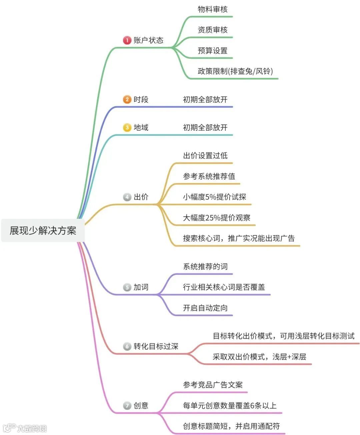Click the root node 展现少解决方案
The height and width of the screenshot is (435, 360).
point(43,231)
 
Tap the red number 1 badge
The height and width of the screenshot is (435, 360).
point(127,40)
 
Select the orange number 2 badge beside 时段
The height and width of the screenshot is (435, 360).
point(127,99)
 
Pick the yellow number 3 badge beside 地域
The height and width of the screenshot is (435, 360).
point(127,127)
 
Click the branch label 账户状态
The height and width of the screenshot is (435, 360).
point(148,40)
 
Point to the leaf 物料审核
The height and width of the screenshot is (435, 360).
point(212,9)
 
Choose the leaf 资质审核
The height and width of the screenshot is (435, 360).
point(212,30)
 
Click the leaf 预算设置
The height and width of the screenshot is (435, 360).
point(212,51)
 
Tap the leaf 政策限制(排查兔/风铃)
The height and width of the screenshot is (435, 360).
point(235,71)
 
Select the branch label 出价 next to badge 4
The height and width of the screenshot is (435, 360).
point(141,197)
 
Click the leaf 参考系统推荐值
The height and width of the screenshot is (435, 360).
point(209,176)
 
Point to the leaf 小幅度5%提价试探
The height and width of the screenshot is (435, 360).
point(214,197)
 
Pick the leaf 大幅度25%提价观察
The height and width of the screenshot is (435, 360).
point(216,218)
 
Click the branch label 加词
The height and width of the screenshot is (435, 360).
point(141,287)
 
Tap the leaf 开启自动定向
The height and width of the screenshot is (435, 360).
point(205,308)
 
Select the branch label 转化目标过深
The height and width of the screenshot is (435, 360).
point(156,346)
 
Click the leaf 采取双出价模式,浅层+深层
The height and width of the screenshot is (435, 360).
point(259,357)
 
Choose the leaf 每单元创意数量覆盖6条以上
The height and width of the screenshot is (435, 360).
point(230,405)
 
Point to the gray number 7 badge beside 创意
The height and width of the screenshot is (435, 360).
point(127,406)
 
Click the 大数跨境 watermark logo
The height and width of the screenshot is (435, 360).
point(25,428)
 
